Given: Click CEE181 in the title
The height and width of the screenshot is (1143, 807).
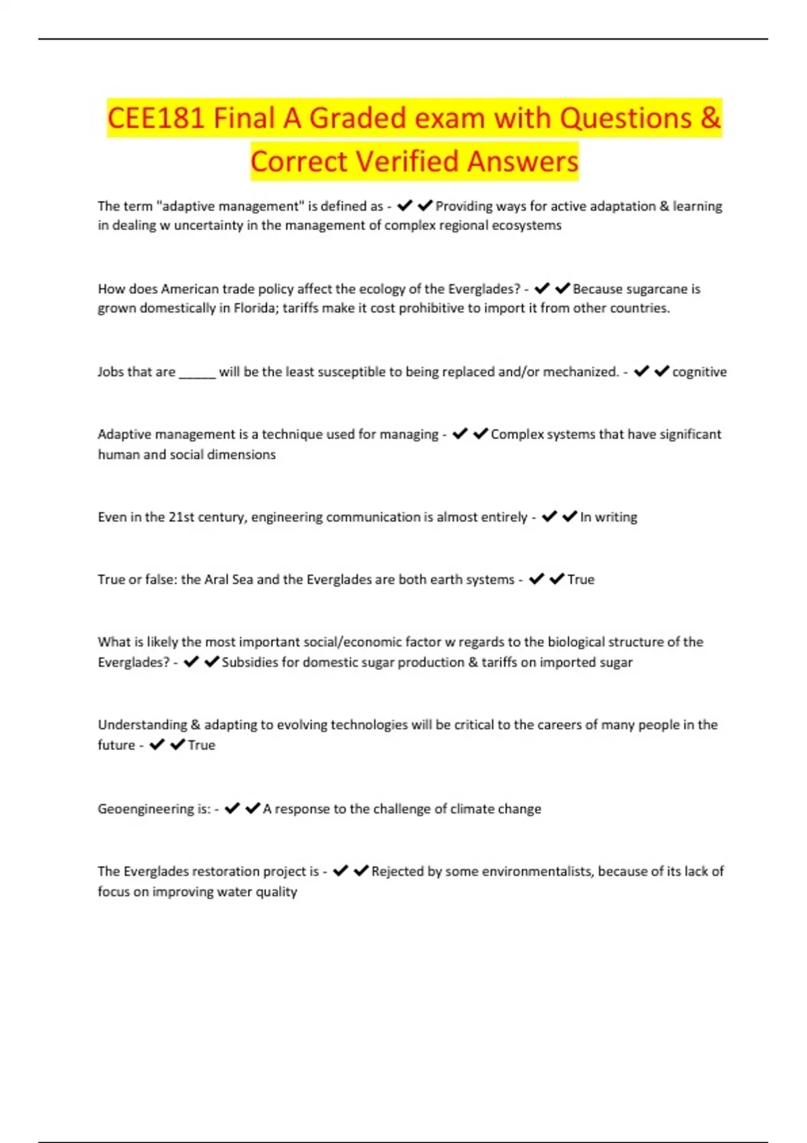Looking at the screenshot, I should (x=157, y=118).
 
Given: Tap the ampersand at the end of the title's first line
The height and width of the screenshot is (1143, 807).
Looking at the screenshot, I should (x=710, y=118).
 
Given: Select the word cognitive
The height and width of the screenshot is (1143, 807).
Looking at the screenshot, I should (x=699, y=372).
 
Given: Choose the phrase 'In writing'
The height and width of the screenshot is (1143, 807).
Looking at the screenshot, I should (x=609, y=517).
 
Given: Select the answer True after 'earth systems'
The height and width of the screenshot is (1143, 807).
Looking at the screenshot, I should (x=581, y=580).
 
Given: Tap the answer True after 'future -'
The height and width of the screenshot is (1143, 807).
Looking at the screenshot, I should (x=202, y=745).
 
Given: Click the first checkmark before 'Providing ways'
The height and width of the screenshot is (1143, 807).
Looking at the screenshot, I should (x=405, y=206).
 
